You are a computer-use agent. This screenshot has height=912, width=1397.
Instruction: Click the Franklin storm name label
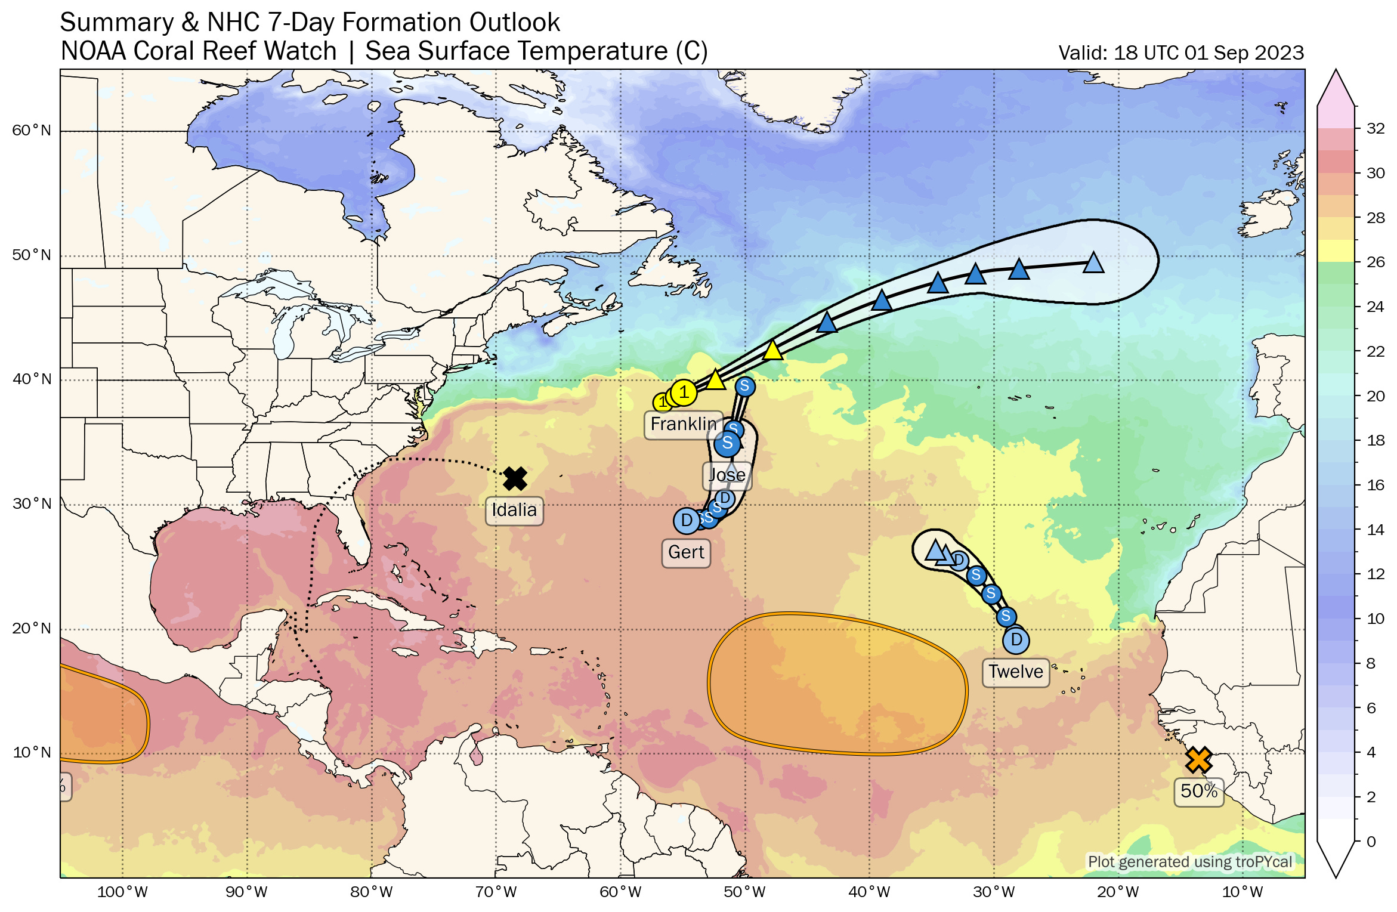[x=683, y=425]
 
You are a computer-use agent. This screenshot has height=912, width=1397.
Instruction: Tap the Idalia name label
[x=514, y=511]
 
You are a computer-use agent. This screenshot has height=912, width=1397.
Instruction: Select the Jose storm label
[x=727, y=475]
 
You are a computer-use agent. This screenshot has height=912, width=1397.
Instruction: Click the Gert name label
[x=685, y=552]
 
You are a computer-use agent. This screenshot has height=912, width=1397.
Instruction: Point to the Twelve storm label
[x=1015, y=672]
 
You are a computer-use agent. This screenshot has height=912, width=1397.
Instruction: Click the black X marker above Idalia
[x=515, y=478]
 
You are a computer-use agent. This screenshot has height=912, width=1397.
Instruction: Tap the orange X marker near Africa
[x=1198, y=760]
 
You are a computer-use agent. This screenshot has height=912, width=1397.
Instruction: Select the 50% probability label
[x=1198, y=792]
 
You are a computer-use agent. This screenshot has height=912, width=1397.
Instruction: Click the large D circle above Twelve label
[x=1016, y=641]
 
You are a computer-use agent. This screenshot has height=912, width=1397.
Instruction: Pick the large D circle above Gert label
[x=687, y=521]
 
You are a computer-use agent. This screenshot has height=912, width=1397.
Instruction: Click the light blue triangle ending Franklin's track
[x=1093, y=263]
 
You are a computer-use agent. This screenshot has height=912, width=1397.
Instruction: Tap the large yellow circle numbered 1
[x=684, y=392]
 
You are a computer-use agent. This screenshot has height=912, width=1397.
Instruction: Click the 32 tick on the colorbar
[x=1375, y=129]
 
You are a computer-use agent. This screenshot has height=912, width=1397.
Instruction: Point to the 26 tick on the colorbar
[x=1375, y=262]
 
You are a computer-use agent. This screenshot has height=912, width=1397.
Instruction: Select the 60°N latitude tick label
[x=32, y=131]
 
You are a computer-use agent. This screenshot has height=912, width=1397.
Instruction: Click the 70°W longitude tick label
[x=496, y=892]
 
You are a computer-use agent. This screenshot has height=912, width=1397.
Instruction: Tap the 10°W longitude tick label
[x=1243, y=892]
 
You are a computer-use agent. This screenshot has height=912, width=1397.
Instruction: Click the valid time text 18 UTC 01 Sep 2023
[x=1181, y=53]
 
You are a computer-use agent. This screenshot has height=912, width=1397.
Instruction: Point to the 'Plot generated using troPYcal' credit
[x=1189, y=862]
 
